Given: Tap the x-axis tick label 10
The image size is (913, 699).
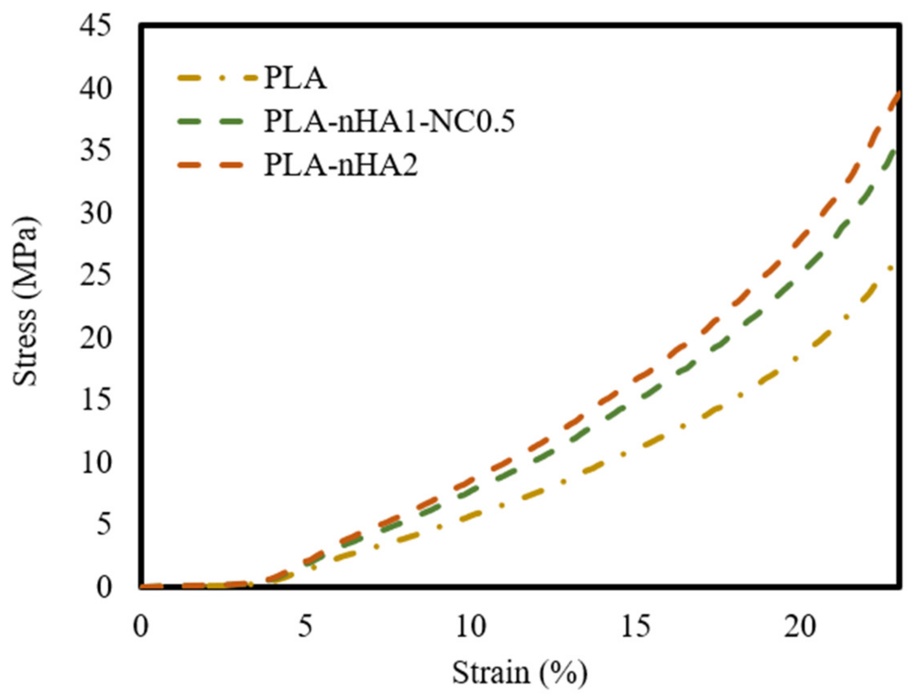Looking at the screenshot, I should (x=470, y=626).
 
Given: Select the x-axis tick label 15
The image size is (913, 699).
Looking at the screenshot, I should (x=635, y=626).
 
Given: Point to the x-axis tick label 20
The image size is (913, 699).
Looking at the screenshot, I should (x=799, y=626).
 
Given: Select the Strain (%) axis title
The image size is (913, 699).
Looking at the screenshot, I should (x=520, y=673).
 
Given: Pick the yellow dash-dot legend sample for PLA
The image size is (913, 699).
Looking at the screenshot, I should (x=216, y=78).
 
